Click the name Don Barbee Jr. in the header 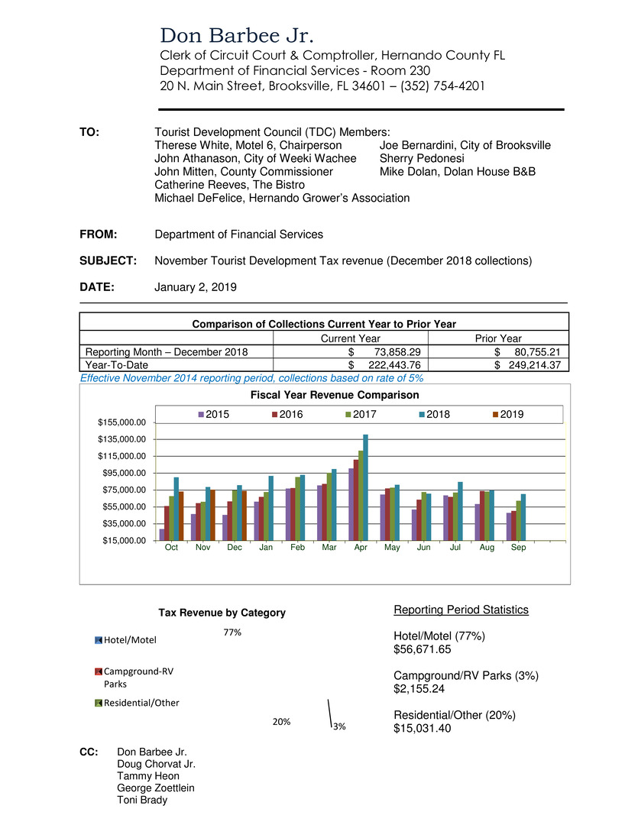pos(237,36)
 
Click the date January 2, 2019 pos(196,287)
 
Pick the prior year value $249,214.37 pos(528,365)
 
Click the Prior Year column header pos(497,338)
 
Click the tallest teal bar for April pos(365,487)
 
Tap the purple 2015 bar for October pos(162,534)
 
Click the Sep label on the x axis pos(518,548)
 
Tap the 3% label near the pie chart pos(338,726)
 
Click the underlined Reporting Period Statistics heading pos(461,610)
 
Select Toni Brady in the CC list pos(142,800)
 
